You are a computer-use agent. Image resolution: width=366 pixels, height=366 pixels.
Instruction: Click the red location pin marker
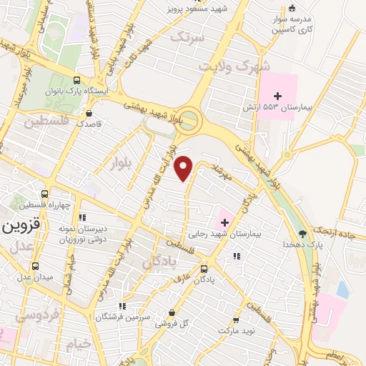tap(185, 168)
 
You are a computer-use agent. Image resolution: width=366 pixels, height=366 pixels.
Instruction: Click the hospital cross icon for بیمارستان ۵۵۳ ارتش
tap(278, 95)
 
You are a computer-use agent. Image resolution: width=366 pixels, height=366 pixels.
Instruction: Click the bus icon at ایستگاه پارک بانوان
tap(76, 80)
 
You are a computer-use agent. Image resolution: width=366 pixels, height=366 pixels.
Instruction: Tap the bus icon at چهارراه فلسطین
tap(45, 194)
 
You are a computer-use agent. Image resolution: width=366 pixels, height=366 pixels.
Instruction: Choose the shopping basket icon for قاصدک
tap(89, 113)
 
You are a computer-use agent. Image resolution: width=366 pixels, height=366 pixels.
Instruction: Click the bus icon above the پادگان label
tap(204, 269)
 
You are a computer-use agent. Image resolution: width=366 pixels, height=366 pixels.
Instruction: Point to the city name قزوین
tap(19, 227)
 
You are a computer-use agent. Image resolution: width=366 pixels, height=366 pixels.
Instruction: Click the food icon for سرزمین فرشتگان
tap(122, 305)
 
